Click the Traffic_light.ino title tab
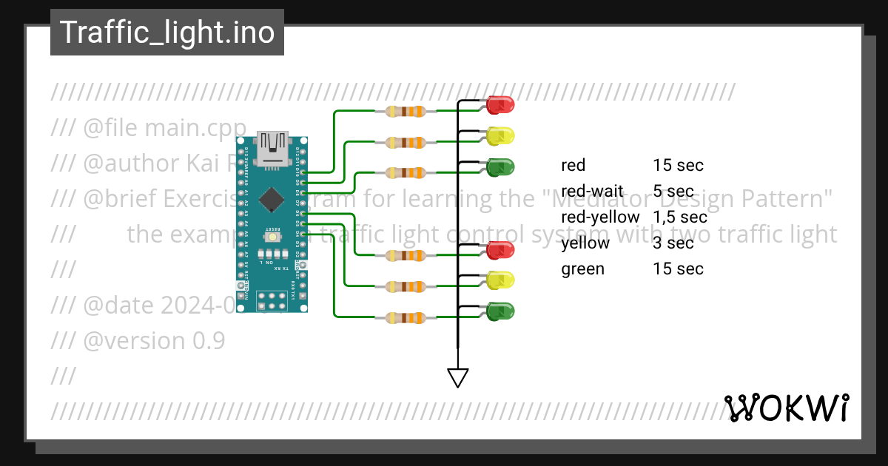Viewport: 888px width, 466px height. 166,33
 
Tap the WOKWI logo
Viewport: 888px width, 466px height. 787,408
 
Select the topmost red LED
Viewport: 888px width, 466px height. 501,104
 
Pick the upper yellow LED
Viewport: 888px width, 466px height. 501,136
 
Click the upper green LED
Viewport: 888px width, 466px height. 501,167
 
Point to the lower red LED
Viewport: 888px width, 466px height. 501,249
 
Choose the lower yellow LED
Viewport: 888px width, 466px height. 501,280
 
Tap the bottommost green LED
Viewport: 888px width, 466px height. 501,311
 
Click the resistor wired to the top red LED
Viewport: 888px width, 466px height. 406,112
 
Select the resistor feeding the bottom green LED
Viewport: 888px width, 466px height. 406,318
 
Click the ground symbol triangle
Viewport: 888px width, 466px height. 458,378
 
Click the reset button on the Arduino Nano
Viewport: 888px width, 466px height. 272,235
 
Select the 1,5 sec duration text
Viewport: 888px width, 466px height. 680,217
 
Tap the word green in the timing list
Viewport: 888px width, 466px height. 583,269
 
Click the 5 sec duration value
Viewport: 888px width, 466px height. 673,192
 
